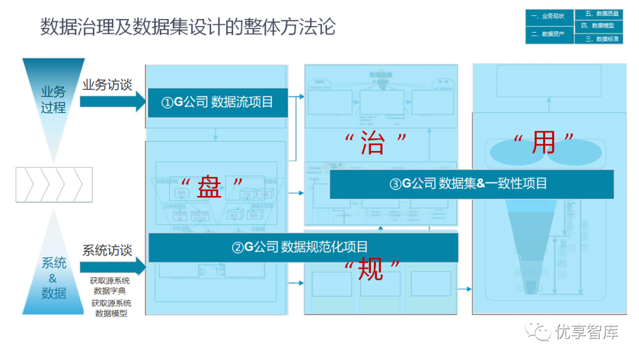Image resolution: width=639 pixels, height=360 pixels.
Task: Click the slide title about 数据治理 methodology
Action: point(188,27)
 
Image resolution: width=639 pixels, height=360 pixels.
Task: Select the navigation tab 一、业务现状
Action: point(548,17)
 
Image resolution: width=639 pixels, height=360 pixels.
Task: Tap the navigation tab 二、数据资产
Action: point(548,34)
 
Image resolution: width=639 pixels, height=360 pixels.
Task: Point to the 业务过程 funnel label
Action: point(53,100)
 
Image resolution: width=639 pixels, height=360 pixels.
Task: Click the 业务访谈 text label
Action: point(107,85)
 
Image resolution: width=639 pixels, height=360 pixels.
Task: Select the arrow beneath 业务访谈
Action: point(112,102)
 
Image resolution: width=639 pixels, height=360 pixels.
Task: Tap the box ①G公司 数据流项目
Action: point(217,102)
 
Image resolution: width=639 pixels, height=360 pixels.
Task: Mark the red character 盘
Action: point(211,188)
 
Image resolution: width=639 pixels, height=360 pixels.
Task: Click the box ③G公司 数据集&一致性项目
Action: point(472,184)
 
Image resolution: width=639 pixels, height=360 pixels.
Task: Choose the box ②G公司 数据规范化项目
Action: point(303,247)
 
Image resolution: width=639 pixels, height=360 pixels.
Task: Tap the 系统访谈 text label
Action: point(107,250)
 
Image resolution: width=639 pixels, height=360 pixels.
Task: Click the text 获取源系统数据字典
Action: point(110,285)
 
